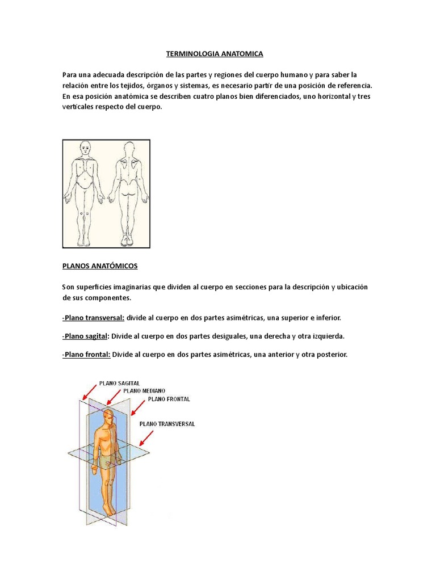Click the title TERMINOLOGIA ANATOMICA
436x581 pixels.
[215, 54]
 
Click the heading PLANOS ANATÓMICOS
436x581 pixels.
[100, 266]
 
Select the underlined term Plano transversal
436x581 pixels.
[94, 317]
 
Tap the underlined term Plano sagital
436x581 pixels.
[86, 336]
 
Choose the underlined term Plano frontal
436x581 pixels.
[86, 355]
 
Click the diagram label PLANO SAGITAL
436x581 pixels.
[119, 384]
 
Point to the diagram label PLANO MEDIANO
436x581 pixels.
[144, 391]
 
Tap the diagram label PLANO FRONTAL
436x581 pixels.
[169, 399]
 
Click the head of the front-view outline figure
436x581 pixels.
[85, 149]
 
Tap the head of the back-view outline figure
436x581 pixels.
[129, 149]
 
